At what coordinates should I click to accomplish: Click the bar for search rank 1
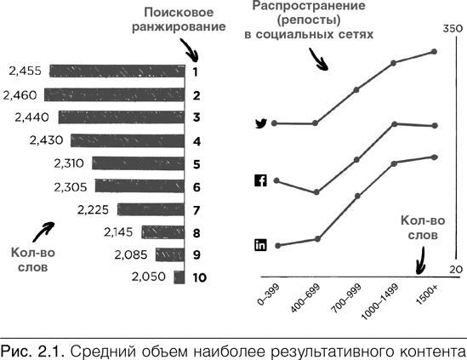(x=117, y=71)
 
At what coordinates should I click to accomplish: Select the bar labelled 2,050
(x=179, y=277)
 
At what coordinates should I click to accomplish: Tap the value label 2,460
(x=20, y=94)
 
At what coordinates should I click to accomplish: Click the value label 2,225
(x=93, y=209)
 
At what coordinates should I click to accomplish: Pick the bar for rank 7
(x=151, y=209)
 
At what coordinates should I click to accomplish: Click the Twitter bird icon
(x=261, y=124)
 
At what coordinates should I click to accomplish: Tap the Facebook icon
(x=261, y=180)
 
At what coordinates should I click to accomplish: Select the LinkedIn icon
(x=261, y=245)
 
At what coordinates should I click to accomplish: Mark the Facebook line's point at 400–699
(x=316, y=192)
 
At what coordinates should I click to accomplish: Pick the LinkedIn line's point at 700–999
(x=356, y=197)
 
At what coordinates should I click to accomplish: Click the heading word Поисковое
(x=178, y=13)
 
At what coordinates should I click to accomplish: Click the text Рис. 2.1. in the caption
(x=31, y=349)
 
